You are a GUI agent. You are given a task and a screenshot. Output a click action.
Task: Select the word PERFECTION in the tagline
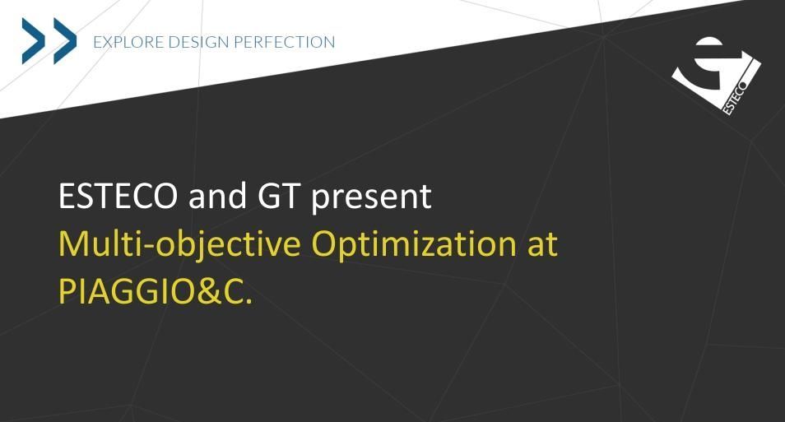tap(285, 42)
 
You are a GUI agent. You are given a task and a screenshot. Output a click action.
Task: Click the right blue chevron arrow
tap(64, 41)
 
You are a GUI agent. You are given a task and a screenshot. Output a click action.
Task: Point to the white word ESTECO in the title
tap(118, 196)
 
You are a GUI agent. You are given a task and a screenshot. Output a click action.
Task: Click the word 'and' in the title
tap(217, 196)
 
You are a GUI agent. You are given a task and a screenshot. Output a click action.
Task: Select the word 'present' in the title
tap(371, 197)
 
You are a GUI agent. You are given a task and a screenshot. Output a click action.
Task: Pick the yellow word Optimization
tap(414, 244)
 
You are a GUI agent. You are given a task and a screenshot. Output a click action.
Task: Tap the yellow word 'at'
tap(542, 245)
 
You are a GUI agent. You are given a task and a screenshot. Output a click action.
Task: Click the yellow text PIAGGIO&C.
tap(156, 291)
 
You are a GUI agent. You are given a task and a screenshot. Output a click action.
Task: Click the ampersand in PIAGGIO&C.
tap(208, 291)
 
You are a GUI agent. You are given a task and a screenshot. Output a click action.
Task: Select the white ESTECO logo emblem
tap(717, 76)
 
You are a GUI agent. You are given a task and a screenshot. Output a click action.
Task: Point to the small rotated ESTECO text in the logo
tap(735, 97)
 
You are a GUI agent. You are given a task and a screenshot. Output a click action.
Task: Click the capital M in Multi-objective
tap(72, 243)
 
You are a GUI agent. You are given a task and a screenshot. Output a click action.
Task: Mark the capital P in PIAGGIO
tap(67, 291)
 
